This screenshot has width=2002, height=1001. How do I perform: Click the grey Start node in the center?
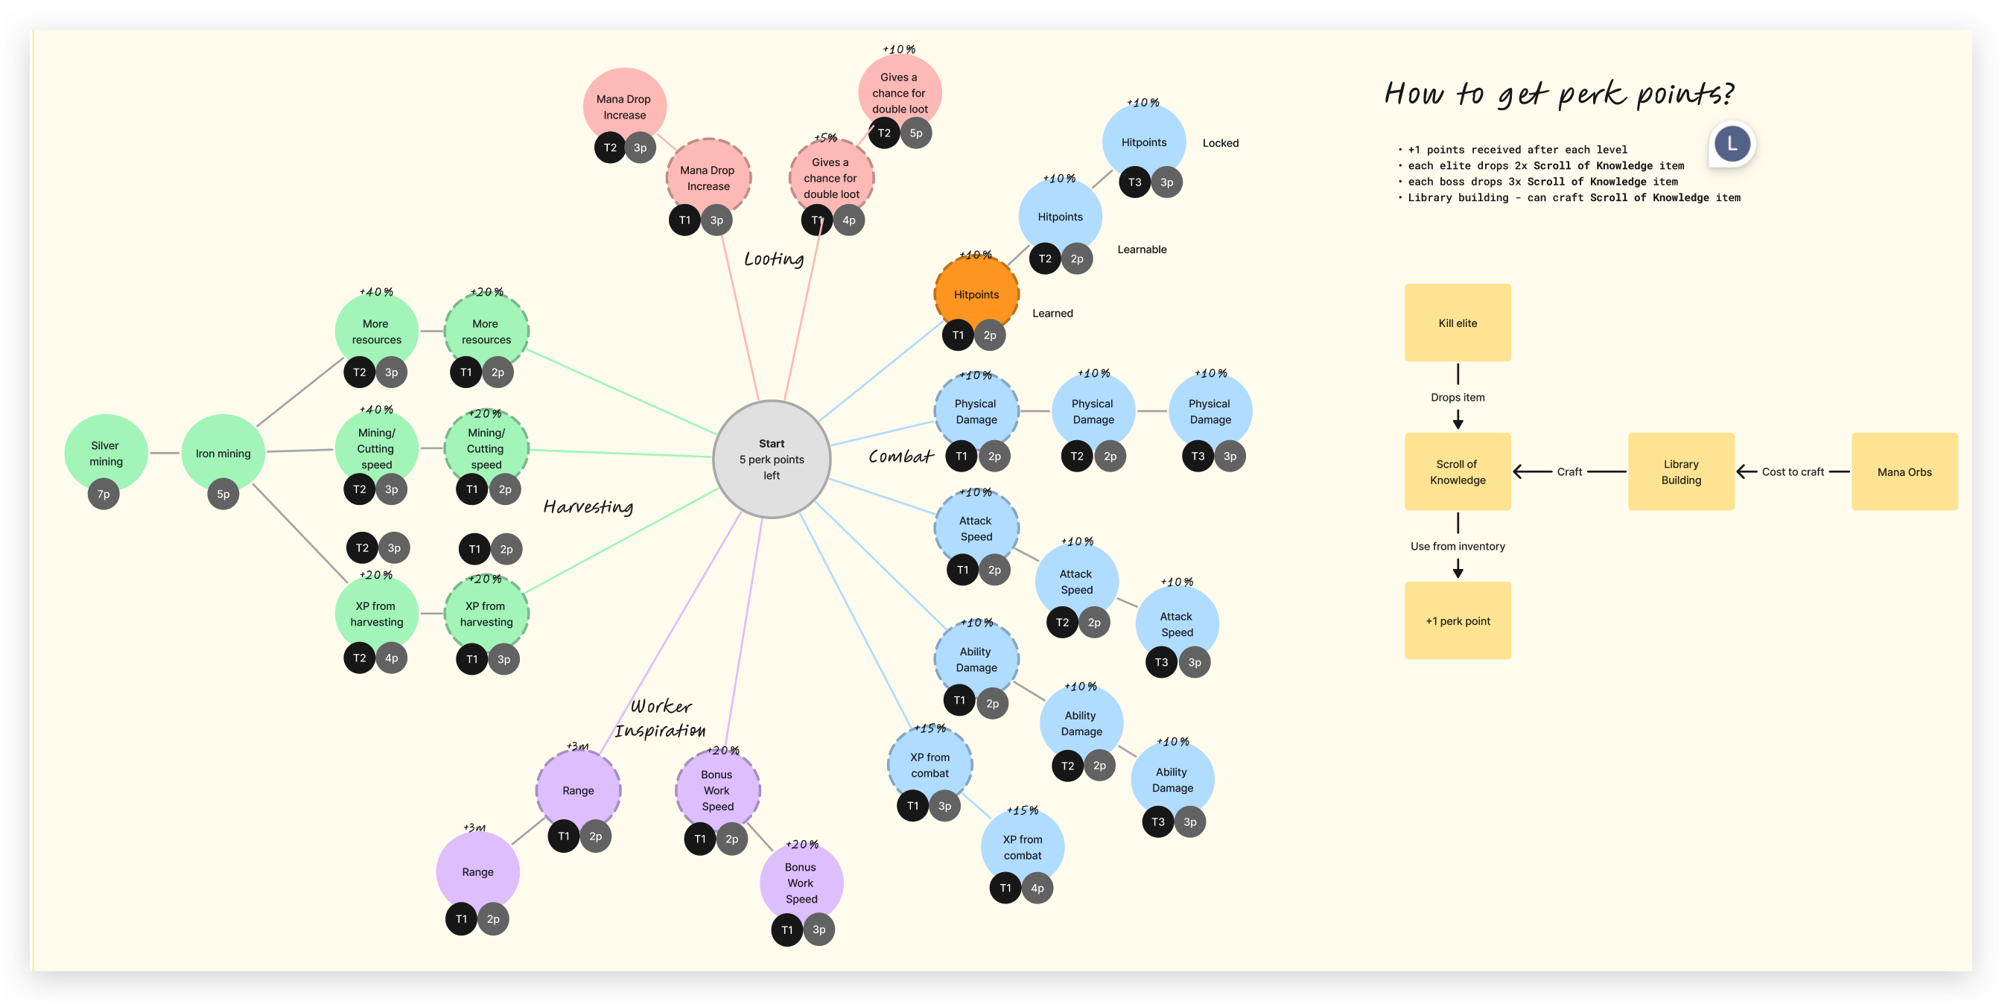(771, 460)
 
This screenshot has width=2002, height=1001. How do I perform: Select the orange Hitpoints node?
(976, 294)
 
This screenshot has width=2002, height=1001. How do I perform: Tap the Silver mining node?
(106, 453)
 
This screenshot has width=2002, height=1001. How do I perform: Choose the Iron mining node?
(223, 453)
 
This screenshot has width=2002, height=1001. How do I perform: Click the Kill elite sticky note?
(1458, 322)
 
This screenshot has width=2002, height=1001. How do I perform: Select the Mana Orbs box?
(1904, 471)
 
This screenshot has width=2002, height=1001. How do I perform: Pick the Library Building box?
(1681, 471)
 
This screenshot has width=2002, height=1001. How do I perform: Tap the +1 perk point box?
(1458, 621)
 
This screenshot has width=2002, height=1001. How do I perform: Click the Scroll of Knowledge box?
(1458, 471)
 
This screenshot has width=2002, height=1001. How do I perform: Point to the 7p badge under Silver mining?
(104, 495)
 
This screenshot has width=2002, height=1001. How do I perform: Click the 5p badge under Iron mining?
(223, 495)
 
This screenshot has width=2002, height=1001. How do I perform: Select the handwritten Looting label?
(774, 258)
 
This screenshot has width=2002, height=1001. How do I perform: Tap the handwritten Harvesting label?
(588, 506)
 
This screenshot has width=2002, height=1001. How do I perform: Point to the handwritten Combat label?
(900, 457)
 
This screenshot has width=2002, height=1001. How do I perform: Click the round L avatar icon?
(1732, 144)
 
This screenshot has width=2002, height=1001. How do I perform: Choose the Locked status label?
(1220, 143)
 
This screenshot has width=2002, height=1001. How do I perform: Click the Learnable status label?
(1142, 250)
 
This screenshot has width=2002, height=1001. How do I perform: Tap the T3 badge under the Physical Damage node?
(1198, 457)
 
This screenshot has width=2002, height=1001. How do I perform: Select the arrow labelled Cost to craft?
(1791, 471)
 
